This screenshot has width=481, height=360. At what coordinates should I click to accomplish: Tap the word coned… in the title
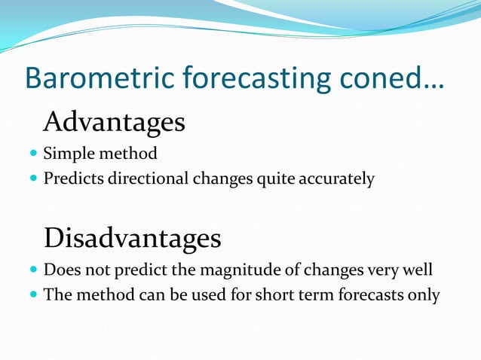[393, 79]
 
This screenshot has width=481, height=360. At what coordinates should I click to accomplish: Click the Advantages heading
[114, 121]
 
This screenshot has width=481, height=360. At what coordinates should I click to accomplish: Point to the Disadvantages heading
[132, 238]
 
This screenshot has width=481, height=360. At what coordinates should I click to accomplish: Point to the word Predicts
[72, 179]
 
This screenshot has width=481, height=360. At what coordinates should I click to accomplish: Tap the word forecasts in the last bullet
[361, 294]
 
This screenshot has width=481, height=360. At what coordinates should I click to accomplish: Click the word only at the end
[423, 294]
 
